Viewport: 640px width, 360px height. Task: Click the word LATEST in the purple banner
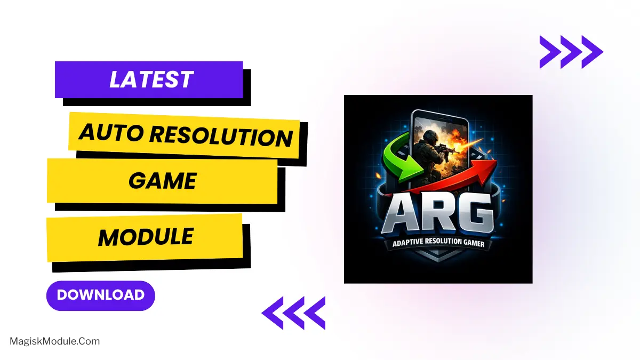click(x=150, y=80)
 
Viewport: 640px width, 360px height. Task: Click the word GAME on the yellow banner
click(x=162, y=181)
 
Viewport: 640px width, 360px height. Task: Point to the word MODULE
click(x=145, y=237)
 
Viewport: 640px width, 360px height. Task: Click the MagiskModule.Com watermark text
click(x=55, y=341)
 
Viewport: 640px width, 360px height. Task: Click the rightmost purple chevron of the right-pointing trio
click(x=593, y=52)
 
